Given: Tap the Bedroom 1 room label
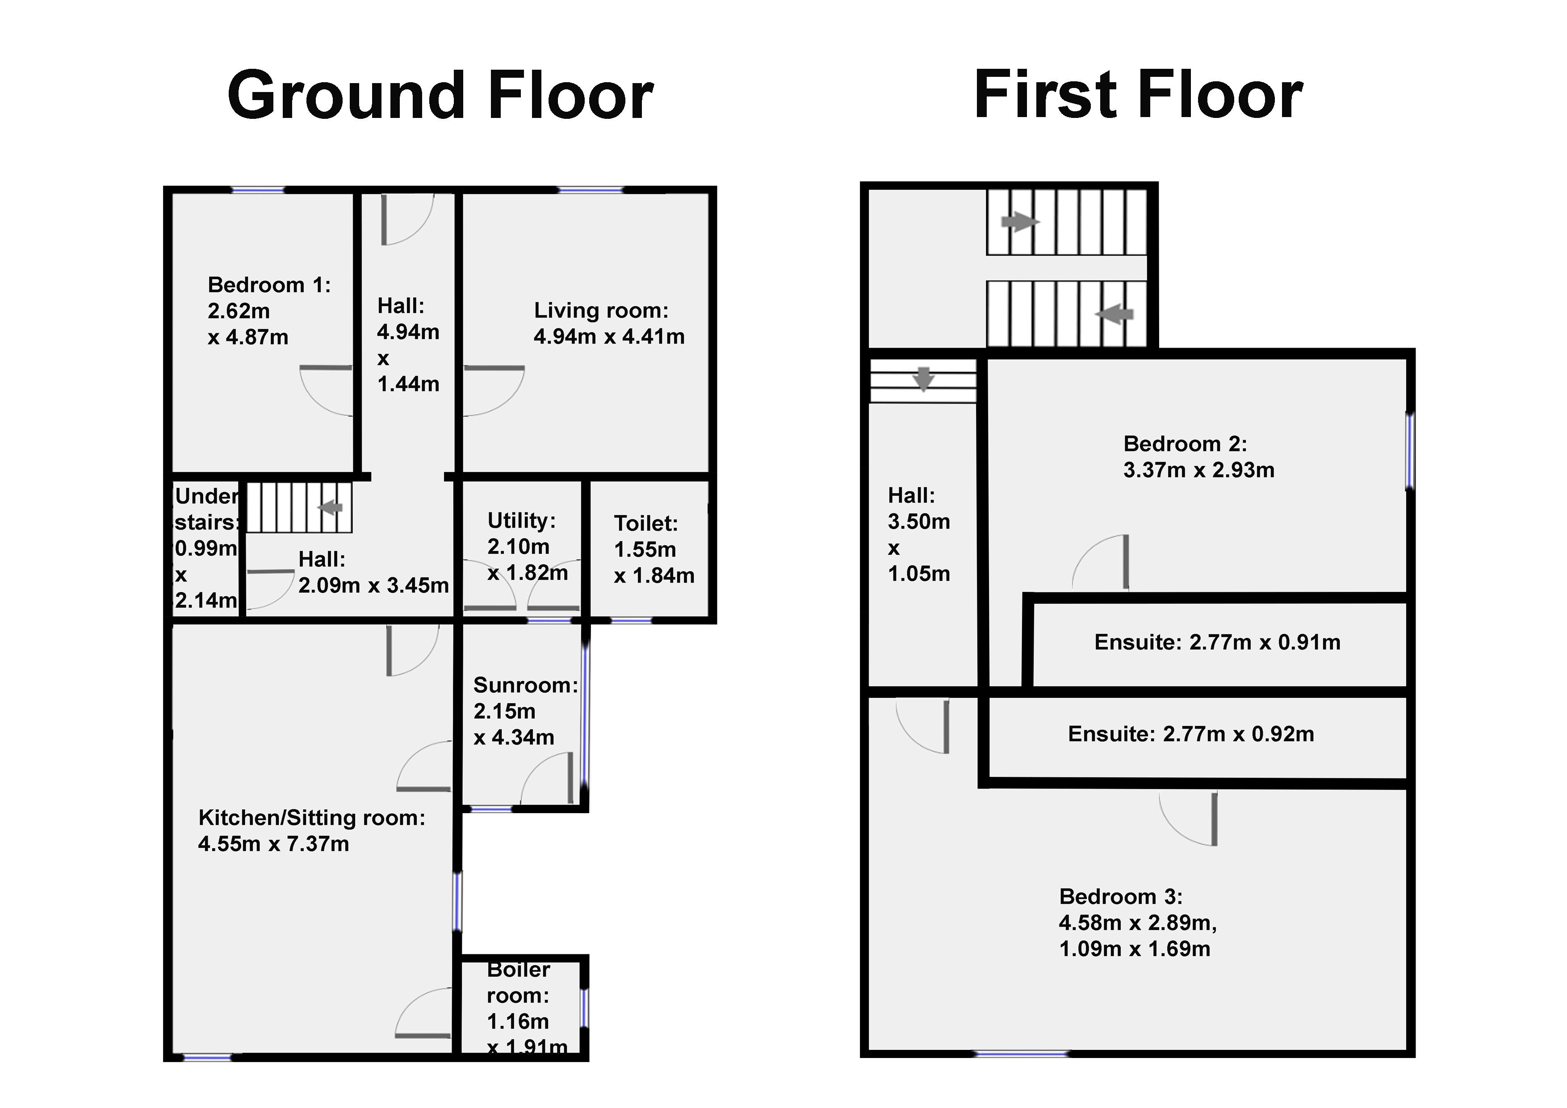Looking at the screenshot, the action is tap(269, 285).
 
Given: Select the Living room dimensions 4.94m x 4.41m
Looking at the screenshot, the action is tap(609, 336).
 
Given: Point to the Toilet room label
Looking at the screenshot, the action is tap(645, 524).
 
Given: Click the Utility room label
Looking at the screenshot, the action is tap(521, 521).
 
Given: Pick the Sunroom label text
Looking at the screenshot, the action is tap(525, 685).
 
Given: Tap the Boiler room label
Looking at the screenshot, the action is tap(518, 982).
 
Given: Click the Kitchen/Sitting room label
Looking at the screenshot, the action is tap(312, 818).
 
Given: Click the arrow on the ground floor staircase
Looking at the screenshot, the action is tap(330, 507).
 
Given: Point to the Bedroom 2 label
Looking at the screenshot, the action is tap(1185, 444).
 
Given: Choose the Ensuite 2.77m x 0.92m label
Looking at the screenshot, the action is tap(1191, 734).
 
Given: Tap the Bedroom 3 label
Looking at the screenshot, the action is tap(1121, 896).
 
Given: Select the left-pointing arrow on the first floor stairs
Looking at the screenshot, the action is tap(1114, 315).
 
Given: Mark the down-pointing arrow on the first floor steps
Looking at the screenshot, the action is tap(923, 379).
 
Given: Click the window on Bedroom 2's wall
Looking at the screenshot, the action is tap(1410, 451).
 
